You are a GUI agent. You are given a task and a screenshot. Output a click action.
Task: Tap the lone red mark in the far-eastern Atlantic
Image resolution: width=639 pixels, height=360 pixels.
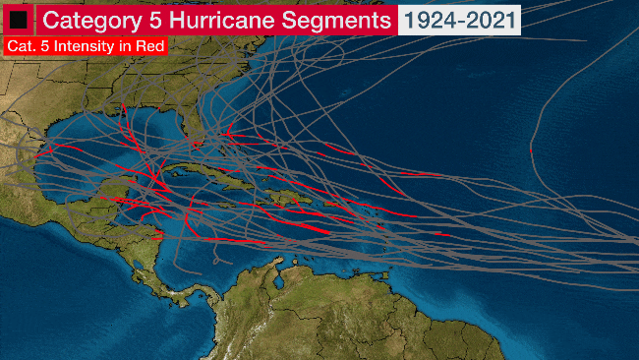(x=531, y=150)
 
